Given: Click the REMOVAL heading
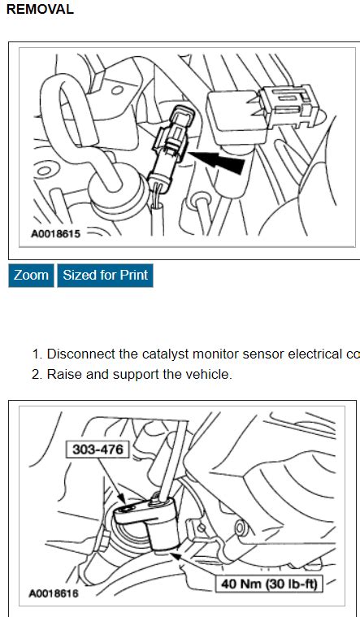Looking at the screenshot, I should tap(40, 10).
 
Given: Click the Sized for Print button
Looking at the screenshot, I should tap(105, 276).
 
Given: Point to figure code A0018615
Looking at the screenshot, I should tap(55, 233).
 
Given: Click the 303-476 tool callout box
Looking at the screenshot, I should tap(97, 449).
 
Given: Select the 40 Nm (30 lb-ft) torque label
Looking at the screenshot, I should tap(268, 584).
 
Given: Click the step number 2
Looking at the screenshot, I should tap(36, 375).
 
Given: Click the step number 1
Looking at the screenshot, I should tap(36, 354).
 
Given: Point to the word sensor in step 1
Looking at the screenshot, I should tap(261, 354).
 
